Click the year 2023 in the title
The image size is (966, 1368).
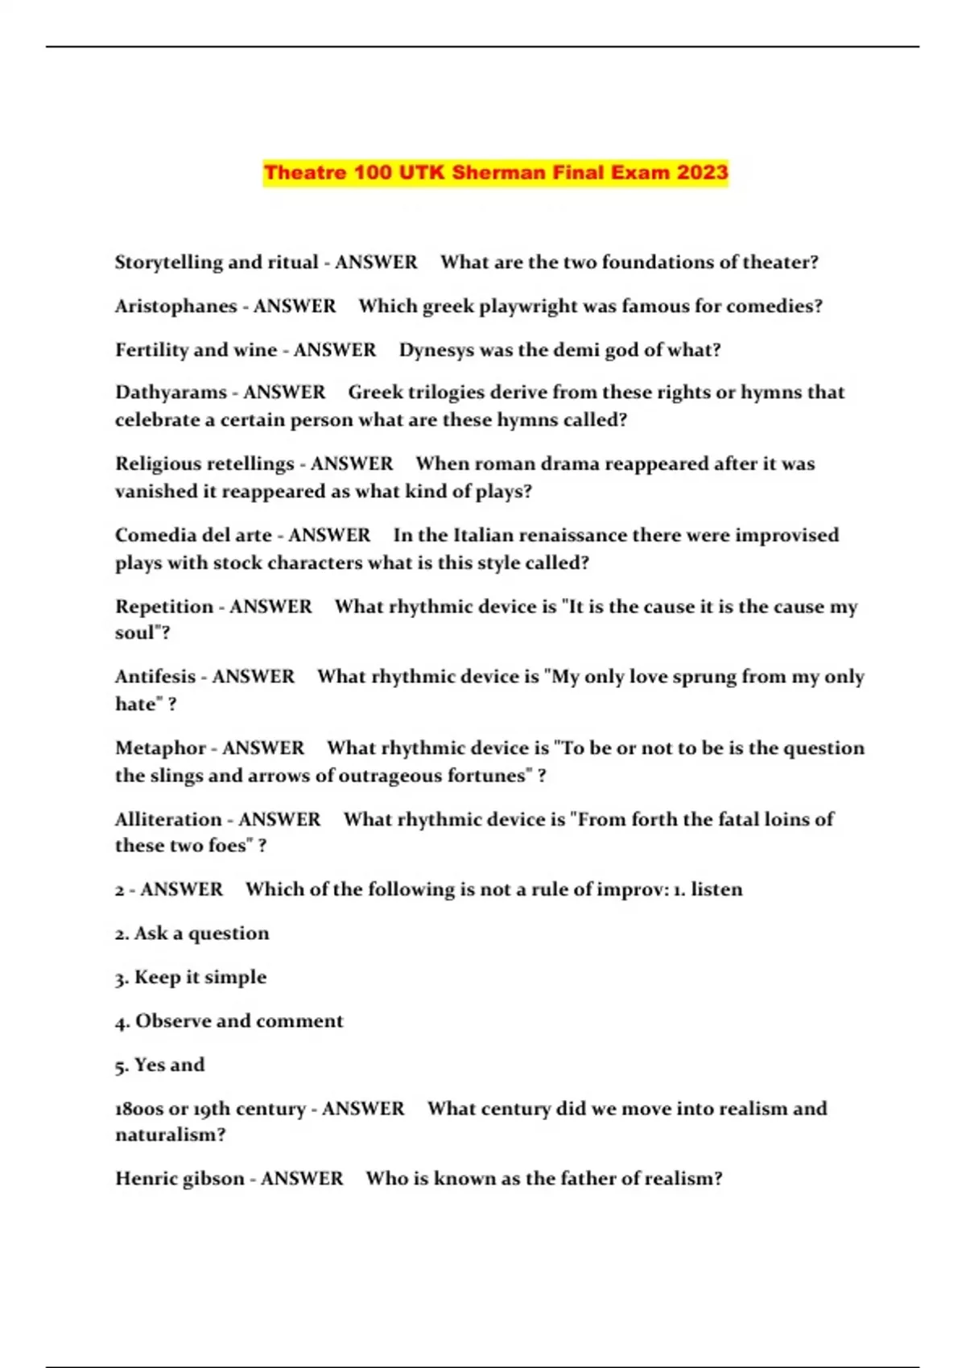(702, 172)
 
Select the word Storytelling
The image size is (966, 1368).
(168, 262)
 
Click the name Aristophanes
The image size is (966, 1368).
(175, 307)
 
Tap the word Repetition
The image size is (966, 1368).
(164, 607)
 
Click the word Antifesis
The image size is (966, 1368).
(155, 677)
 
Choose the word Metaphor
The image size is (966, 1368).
(160, 748)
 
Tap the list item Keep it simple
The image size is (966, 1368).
(191, 977)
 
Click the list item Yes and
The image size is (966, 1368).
(159, 1065)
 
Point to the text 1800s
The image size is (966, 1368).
(138, 1109)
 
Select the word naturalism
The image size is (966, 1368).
(170, 1135)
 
